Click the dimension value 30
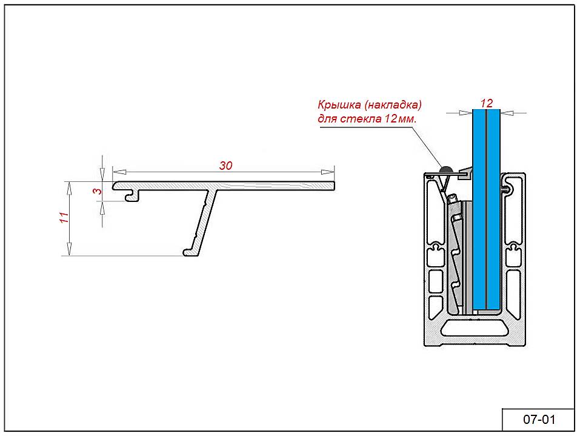225,166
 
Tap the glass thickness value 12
486,103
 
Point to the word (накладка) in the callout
393,104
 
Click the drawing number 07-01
539,419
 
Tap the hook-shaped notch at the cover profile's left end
129,195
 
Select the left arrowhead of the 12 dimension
466,112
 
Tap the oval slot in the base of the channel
475,329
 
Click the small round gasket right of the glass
505,190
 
